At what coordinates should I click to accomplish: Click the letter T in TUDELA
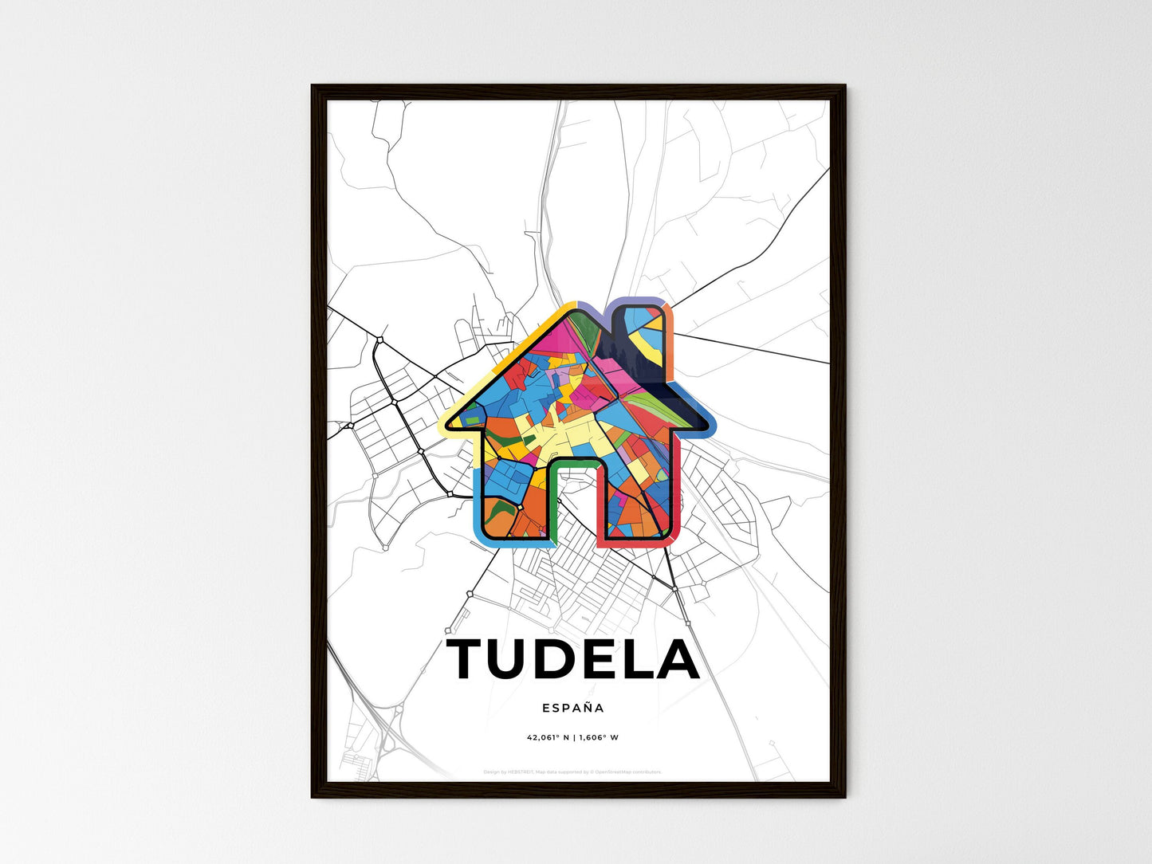tap(470, 659)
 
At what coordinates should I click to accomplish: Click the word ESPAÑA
tap(573, 708)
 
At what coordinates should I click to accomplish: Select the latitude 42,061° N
tap(549, 738)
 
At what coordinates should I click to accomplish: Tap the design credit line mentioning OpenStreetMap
tap(573, 772)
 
